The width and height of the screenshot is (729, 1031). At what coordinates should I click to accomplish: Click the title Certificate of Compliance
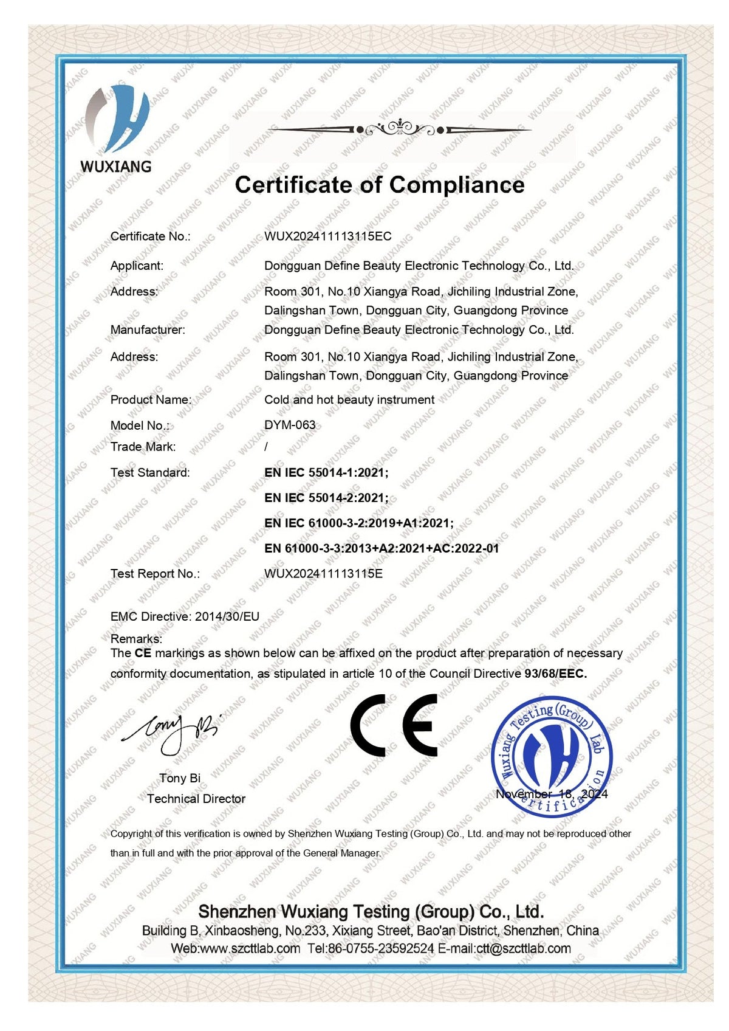coord(380,185)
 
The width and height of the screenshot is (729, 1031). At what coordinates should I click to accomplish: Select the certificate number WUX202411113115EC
coord(327,236)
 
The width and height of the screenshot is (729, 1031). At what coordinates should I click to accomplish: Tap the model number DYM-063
coord(290,425)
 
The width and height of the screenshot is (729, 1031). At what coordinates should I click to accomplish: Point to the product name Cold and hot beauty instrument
coord(349,400)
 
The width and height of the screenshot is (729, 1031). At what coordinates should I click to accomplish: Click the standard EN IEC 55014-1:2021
coord(326,472)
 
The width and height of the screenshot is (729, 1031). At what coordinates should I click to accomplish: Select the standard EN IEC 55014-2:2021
coord(326,498)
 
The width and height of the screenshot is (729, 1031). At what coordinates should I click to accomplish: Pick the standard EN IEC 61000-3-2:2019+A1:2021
coord(359,523)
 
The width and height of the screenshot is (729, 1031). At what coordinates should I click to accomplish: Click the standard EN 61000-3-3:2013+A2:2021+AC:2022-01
coord(382,548)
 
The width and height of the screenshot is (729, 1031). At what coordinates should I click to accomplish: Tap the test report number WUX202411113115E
coord(323,573)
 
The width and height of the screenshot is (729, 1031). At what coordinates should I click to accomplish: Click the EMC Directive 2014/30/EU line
coord(185,616)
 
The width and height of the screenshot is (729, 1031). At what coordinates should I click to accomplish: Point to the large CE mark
coord(394,724)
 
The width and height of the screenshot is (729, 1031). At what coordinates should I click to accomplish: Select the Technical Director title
coord(196,799)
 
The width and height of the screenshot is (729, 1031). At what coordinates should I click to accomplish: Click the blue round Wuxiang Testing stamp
coord(551,754)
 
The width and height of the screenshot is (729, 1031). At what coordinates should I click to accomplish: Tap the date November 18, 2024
coord(551,794)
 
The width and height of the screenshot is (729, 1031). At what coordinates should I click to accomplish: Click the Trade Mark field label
coord(143,447)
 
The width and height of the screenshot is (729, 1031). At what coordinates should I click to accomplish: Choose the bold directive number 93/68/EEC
coord(555,674)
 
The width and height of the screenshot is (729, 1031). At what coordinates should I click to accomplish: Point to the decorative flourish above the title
coord(399,129)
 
